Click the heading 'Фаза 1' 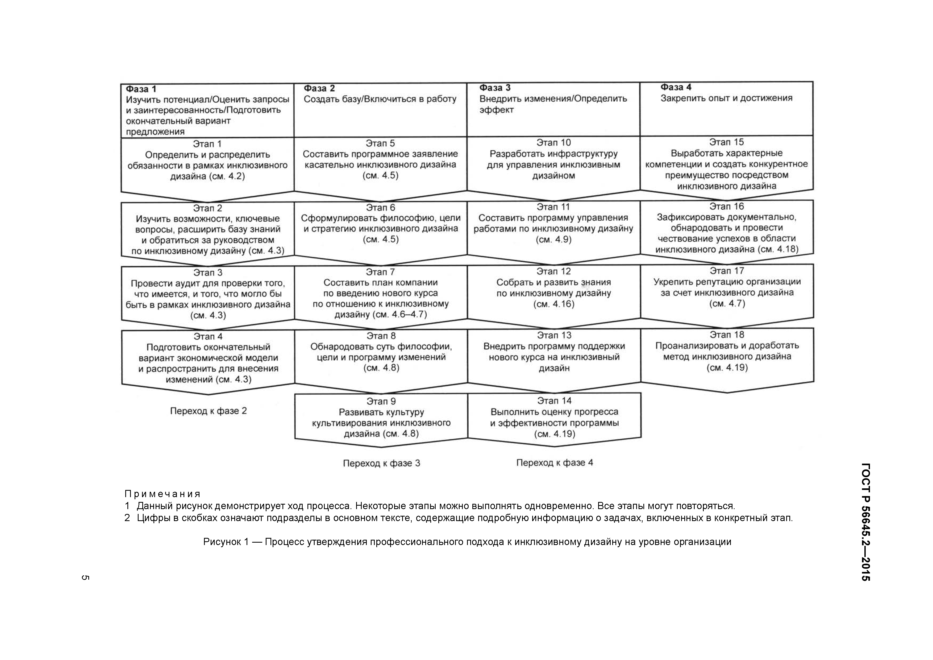141,89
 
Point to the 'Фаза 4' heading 676,87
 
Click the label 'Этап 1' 207,144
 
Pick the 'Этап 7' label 380,272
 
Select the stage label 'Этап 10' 553,143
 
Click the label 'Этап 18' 727,335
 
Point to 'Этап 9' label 381,401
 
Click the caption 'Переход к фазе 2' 208,411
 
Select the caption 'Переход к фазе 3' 381,463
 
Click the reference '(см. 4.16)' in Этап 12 554,304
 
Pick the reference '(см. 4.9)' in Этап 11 553,240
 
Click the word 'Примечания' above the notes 163,494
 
